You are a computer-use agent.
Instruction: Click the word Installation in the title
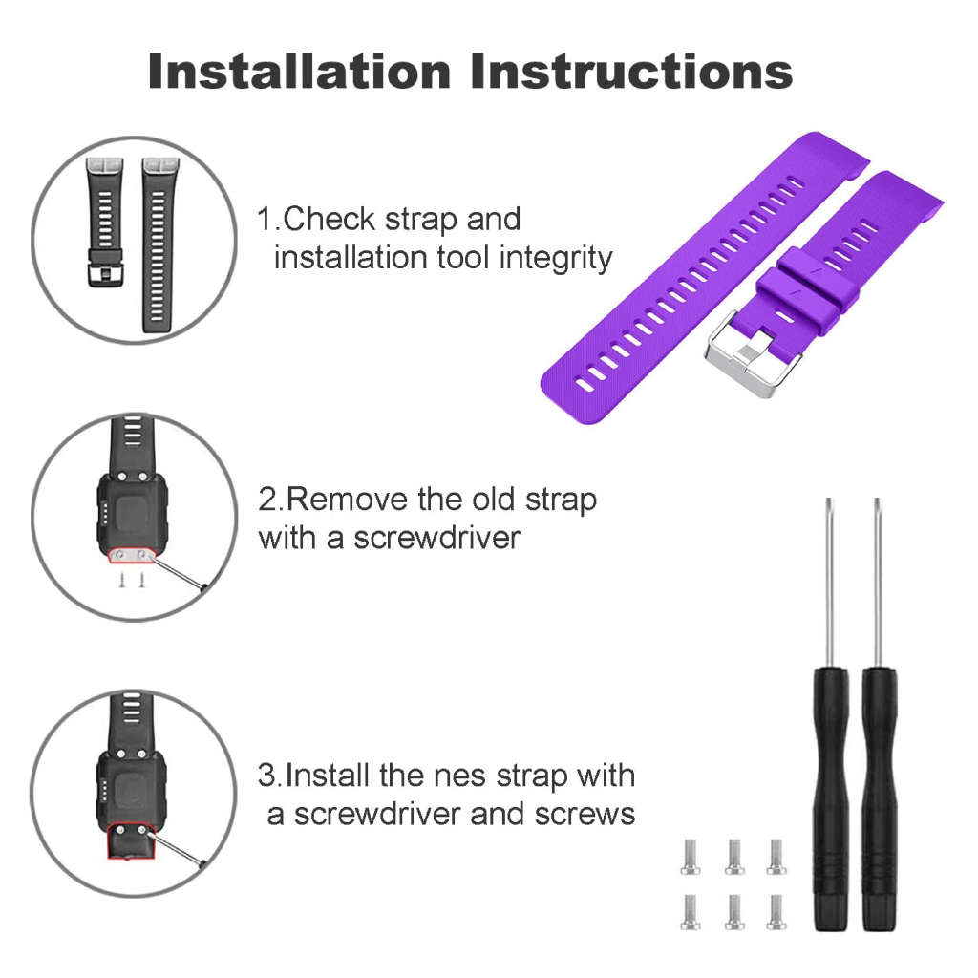tap(299, 71)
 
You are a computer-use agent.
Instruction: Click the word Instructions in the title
tap(631, 71)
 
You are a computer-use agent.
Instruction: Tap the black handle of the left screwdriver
tap(830, 799)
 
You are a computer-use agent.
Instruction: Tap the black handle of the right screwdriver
tap(879, 799)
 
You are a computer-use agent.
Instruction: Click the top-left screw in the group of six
tap(690, 857)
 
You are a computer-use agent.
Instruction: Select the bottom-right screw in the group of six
tap(776, 912)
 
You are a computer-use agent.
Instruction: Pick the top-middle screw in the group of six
tap(734, 857)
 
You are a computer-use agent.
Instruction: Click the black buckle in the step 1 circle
tap(105, 268)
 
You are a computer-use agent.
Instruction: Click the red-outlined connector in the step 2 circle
tap(132, 555)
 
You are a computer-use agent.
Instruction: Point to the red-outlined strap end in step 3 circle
tap(130, 841)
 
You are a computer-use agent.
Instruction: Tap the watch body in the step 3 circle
tap(131, 787)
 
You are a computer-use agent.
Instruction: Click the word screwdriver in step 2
tap(436, 538)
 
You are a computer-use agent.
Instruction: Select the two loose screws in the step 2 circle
tap(132, 581)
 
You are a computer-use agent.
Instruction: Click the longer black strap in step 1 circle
tap(156, 244)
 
